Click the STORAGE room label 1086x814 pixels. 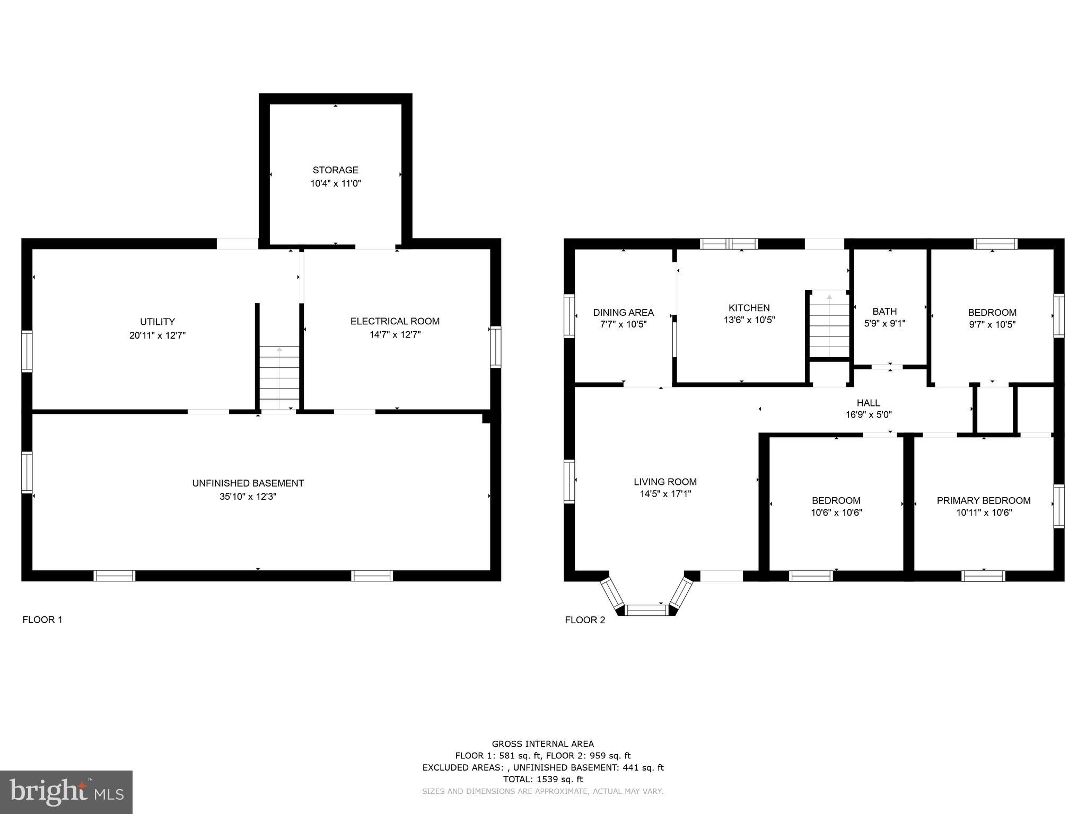pyautogui.click(x=335, y=170)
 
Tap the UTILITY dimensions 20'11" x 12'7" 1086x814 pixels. pyautogui.click(x=157, y=335)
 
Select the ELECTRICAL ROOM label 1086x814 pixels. pyautogui.click(x=395, y=321)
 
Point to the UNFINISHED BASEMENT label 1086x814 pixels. pyautogui.click(x=248, y=483)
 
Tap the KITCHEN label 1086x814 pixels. pyautogui.click(x=749, y=308)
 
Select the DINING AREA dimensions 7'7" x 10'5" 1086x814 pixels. pyautogui.click(x=623, y=324)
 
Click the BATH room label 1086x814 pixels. pyautogui.click(x=884, y=312)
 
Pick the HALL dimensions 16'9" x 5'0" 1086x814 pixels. pyautogui.click(x=868, y=415)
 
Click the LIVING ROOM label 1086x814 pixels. pyautogui.click(x=665, y=482)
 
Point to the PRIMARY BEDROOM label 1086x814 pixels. pyautogui.click(x=983, y=500)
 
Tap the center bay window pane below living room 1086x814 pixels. pyautogui.click(x=646, y=610)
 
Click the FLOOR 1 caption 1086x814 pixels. pyautogui.click(x=42, y=620)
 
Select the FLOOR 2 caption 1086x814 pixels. pyautogui.click(x=584, y=620)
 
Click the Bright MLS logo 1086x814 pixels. pyautogui.click(x=66, y=792)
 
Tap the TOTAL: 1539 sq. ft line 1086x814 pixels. pyautogui.click(x=542, y=779)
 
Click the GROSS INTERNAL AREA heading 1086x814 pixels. pyautogui.click(x=542, y=744)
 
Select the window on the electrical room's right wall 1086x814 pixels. pyautogui.click(x=495, y=347)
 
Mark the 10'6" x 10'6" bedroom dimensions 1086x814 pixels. pyautogui.click(x=836, y=512)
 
